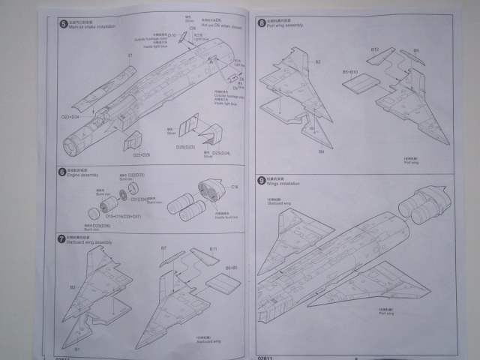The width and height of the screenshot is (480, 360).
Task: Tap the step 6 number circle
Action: click(x=61, y=172)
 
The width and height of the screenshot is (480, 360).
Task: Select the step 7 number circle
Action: click(x=61, y=238)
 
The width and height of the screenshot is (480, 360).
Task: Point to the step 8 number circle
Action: click(x=260, y=22)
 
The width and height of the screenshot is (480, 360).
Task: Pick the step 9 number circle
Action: click(x=260, y=180)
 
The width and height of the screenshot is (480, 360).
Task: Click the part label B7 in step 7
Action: click(x=163, y=248)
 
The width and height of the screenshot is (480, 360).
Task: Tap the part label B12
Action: click(x=375, y=49)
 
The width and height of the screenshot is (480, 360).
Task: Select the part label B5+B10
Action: click(x=352, y=72)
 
